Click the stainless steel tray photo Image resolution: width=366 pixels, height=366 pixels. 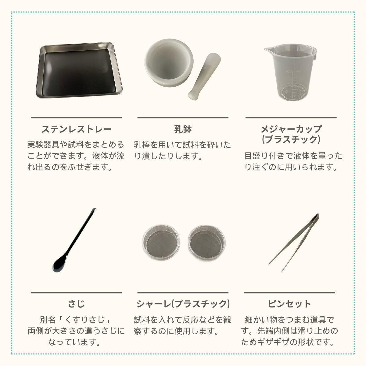pos(79,70)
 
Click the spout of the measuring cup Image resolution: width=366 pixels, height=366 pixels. pos(267,50)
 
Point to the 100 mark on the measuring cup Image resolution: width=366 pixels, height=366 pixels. pos(289,72)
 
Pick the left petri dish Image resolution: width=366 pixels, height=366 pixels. pos(161,242)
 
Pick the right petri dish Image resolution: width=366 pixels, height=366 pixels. pos(207,242)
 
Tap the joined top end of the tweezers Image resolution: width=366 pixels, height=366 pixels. pos(317,215)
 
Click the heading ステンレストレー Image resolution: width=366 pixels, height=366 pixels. pos(76,129)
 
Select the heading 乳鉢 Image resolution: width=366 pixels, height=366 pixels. pos(183,129)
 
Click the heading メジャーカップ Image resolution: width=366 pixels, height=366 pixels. pos(291,129)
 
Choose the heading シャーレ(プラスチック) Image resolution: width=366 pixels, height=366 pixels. pos(183,304)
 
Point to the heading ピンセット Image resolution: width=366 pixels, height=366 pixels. pos(289,304)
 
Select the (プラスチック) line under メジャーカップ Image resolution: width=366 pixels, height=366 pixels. pos(291,139)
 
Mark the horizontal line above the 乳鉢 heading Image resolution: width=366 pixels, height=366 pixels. pos(183,117)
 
